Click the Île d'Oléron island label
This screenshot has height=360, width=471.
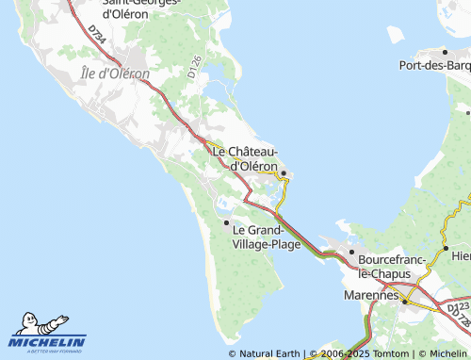(115, 74)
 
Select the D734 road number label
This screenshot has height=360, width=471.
(97, 34)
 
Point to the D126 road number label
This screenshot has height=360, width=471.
(195, 67)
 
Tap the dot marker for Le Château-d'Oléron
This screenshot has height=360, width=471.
(283, 172)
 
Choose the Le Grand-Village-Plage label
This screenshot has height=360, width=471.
(267, 237)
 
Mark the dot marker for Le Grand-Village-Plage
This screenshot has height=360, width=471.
(226, 222)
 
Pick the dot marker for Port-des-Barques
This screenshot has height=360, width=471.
(446, 52)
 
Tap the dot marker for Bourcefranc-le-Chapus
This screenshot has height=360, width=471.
(351, 253)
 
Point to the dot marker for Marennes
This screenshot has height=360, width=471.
(405, 302)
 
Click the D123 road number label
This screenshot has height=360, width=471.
(458, 307)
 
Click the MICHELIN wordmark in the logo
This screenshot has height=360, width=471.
(48, 342)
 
